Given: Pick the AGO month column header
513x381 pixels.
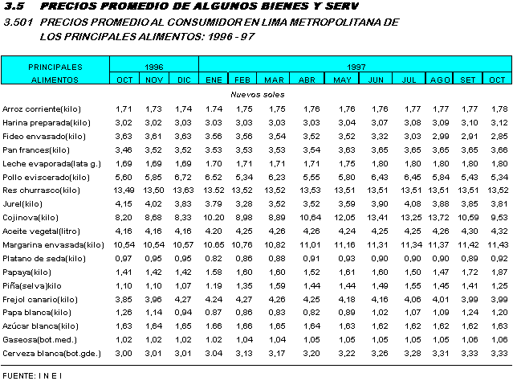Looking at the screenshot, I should (440, 80).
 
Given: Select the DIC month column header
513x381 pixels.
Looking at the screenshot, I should (184, 80).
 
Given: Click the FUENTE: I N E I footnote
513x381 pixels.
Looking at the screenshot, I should (33, 375).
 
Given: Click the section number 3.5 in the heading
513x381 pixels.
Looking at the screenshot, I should (15, 7).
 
